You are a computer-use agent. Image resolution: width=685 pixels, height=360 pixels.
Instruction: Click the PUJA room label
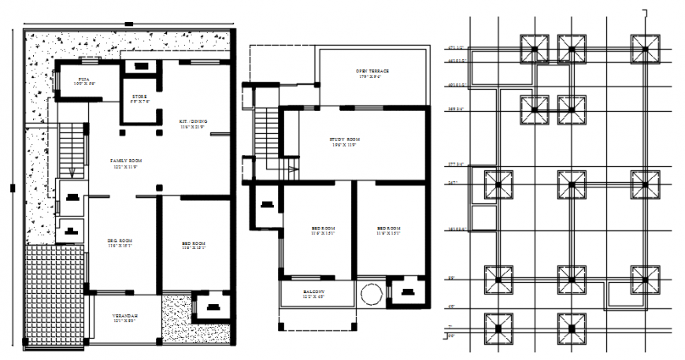[83, 80]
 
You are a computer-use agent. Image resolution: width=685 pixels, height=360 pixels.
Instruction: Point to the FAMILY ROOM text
[124, 163]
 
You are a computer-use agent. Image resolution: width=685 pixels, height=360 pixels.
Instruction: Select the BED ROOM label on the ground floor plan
[194, 245]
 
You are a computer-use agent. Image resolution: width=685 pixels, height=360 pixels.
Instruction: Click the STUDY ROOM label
[343, 142]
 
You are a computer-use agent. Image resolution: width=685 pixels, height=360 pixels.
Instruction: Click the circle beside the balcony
[370, 295]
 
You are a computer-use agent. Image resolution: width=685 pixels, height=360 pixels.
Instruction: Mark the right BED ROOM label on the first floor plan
[389, 231]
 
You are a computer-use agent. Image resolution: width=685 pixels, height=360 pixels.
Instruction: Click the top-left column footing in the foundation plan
[534, 49]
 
